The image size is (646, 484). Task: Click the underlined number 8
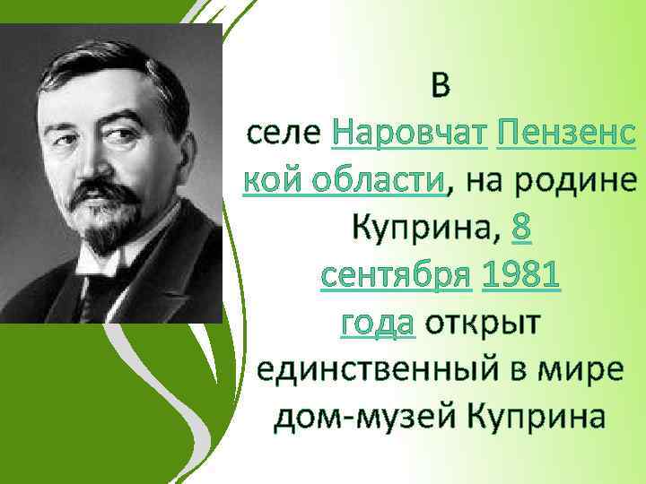521,229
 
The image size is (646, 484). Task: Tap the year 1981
521,277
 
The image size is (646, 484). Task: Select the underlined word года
377,324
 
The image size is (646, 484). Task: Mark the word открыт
483,324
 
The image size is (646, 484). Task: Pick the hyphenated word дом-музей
363,418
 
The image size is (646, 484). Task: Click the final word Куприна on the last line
536,418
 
